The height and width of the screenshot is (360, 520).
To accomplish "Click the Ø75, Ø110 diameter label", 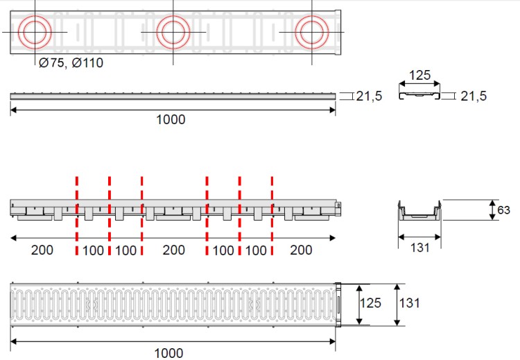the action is [71, 62].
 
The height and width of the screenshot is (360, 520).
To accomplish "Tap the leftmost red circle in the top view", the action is [35, 32].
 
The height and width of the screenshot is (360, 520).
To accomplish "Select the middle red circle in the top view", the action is [173, 32].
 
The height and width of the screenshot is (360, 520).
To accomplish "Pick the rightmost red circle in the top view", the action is [312, 32].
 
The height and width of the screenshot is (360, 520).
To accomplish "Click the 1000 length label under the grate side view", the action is [171, 119].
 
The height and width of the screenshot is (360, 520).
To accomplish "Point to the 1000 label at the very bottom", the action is [168, 353].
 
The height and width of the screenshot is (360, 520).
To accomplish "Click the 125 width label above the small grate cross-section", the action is [419, 76].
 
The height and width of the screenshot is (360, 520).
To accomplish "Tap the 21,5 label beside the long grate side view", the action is [369, 96].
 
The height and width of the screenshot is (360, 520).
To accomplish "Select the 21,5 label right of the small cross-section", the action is [474, 96].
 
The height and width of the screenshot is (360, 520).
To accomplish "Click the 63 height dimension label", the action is [503, 210].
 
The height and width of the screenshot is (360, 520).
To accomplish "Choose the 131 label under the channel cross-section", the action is [420, 248].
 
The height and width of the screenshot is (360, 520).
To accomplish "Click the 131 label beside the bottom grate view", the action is [409, 303].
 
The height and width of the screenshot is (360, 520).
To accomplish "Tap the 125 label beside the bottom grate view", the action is [371, 303].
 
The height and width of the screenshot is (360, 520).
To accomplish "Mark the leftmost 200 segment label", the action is [42, 250].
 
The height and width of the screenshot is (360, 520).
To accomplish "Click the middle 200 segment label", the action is [174, 250].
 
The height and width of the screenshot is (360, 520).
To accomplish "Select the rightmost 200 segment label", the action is [301, 250].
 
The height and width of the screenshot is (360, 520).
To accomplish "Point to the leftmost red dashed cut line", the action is [77, 216].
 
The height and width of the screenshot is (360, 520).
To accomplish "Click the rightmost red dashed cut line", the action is [272, 216].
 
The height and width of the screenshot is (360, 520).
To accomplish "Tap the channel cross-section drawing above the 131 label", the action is [419, 210].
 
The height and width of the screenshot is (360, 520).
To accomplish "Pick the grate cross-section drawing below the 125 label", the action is [419, 95].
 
